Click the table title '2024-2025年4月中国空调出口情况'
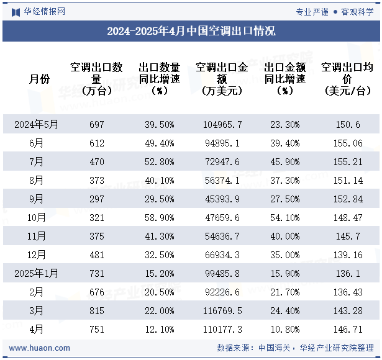191,31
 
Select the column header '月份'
39,79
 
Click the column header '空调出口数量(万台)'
97,79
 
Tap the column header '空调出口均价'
347,79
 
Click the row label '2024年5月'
36,124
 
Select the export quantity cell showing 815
97,311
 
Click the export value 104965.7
222,124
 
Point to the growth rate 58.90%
159,218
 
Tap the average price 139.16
347,255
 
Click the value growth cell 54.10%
284,218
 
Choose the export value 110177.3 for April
222,330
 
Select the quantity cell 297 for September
97,199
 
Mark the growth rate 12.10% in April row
159,330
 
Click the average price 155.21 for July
347,162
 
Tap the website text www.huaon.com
40,348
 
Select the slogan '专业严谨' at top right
312,11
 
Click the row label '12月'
36,255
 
